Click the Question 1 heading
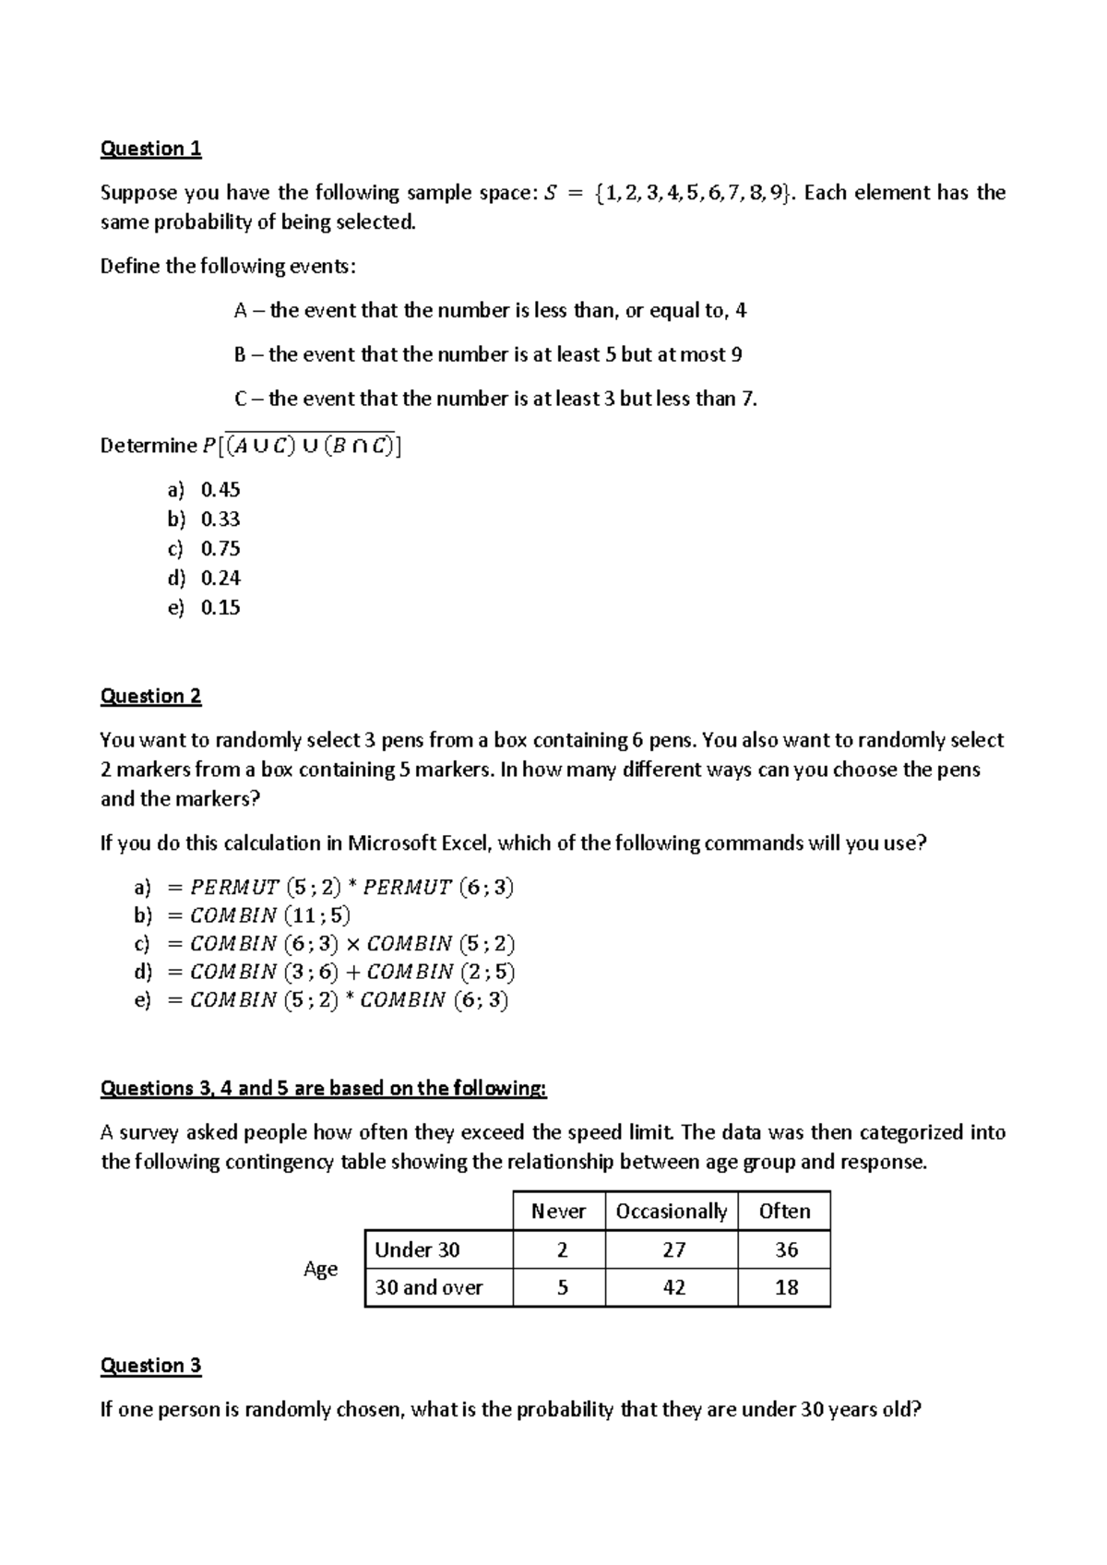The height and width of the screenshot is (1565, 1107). [x=150, y=149]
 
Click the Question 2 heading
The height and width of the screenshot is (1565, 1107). [x=150, y=697]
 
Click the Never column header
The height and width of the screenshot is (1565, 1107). [x=558, y=1212]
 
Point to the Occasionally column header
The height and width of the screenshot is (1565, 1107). [x=671, y=1212]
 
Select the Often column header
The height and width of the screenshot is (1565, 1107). [x=784, y=1212]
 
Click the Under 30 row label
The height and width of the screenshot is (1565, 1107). [x=417, y=1250]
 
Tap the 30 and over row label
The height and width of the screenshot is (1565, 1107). [x=429, y=1288]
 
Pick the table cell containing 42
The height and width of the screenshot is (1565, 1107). [x=673, y=1288]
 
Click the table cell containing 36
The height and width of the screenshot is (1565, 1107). [x=786, y=1250]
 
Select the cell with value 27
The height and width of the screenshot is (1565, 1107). [x=673, y=1250]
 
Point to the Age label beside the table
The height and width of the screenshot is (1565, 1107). [x=320, y=1270]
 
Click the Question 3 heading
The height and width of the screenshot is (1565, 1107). [x=150, y=1366]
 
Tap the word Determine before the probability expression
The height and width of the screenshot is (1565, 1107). [x=148, y=447]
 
